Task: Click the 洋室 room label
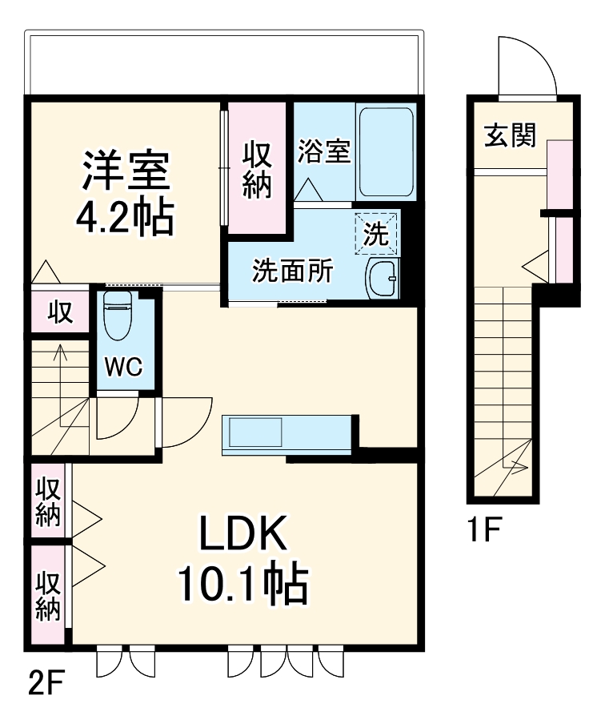pyautogui.click(x=124, y=170)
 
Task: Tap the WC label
pyautogui.click(x=124, y=368)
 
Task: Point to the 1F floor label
pyautogui.click(x=484, y=530)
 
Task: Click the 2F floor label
pyautogui.click(x=46, y=686)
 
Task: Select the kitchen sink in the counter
pyautogui.click(x=256, y=433)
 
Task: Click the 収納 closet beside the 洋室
pyautogui.click(x=257, y=169)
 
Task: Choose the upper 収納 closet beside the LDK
pyautogui.click(x=48, y=501)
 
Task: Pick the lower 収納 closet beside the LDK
pyautogui.click(x=48, y=595)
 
